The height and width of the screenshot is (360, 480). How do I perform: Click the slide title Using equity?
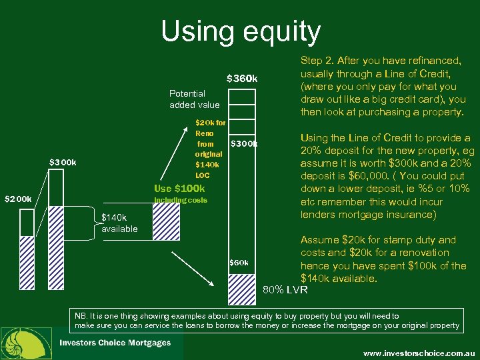click(241, 32)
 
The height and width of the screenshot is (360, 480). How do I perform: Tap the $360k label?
click(242, 79)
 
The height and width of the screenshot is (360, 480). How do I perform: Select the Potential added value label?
click(194, 99)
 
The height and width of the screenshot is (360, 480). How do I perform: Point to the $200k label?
click(18, 199)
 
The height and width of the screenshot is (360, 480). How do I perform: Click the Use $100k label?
click(179, 189)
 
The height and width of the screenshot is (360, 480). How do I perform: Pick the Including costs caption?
click(181, 200)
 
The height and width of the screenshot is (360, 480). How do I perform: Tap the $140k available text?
click(119, 223)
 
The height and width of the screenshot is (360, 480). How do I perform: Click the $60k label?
click(238, 263)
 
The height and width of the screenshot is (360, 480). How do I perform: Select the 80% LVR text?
click(286, 290)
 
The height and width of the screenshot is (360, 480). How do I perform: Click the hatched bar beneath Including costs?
click(167, 218)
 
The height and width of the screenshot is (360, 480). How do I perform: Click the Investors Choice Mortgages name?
click(115, 343)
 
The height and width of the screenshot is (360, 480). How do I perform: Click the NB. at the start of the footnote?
click(82, 316)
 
